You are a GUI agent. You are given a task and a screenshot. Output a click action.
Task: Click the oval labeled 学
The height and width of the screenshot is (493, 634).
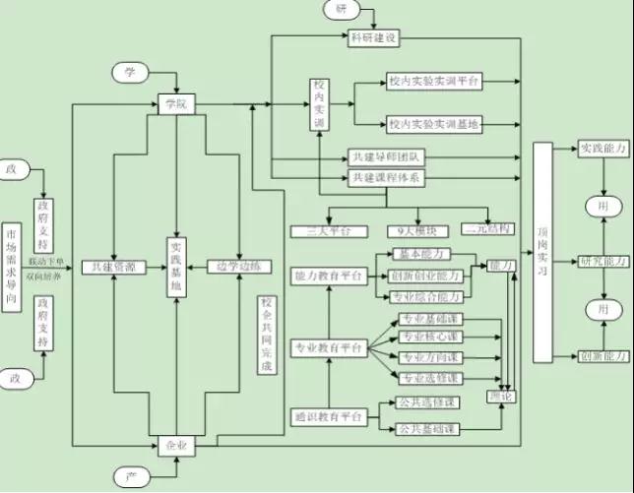(129, 72)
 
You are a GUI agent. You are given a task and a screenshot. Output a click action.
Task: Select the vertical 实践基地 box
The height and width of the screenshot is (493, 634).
(175, 267)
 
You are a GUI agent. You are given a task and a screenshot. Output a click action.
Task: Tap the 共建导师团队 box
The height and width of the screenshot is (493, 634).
(387, 156)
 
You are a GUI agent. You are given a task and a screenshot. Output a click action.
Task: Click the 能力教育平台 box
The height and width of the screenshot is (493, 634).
(328, 277)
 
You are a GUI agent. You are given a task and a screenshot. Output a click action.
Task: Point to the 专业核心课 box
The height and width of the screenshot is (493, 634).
(429, 338)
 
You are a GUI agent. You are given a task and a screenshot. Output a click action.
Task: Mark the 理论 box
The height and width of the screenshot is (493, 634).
(500, 396)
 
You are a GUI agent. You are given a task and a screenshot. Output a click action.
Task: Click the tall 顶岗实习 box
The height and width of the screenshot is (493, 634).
(541, 251)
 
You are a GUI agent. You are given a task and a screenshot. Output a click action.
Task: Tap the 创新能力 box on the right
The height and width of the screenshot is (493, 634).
(604, 356)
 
